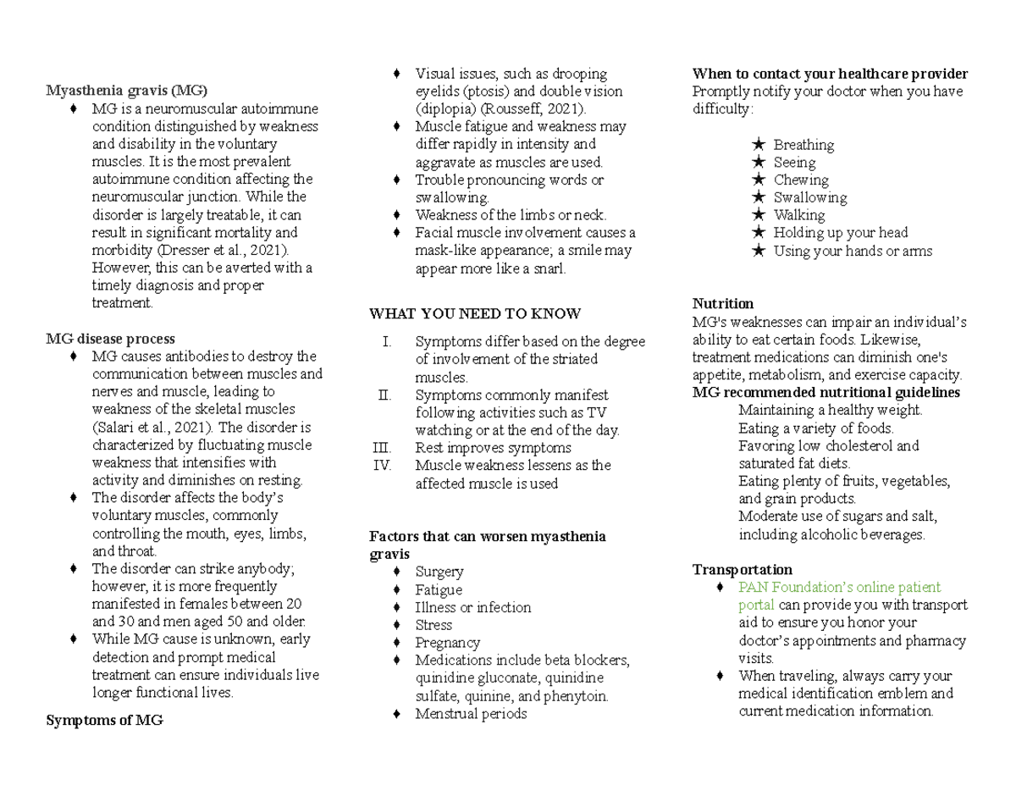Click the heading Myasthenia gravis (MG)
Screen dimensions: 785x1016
126,91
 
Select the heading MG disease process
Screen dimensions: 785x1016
110,339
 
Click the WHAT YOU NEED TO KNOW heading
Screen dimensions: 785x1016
475,314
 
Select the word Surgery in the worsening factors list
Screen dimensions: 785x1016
439,572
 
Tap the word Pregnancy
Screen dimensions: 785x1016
447,643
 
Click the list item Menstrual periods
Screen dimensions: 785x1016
471,714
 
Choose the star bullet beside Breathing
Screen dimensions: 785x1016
758,145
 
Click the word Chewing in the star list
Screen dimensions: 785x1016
801,180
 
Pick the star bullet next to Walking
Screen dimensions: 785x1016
758,215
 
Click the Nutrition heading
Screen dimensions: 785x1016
722,303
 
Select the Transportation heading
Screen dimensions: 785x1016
742,569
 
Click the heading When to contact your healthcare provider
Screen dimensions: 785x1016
830,74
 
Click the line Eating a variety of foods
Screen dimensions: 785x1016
815,428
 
